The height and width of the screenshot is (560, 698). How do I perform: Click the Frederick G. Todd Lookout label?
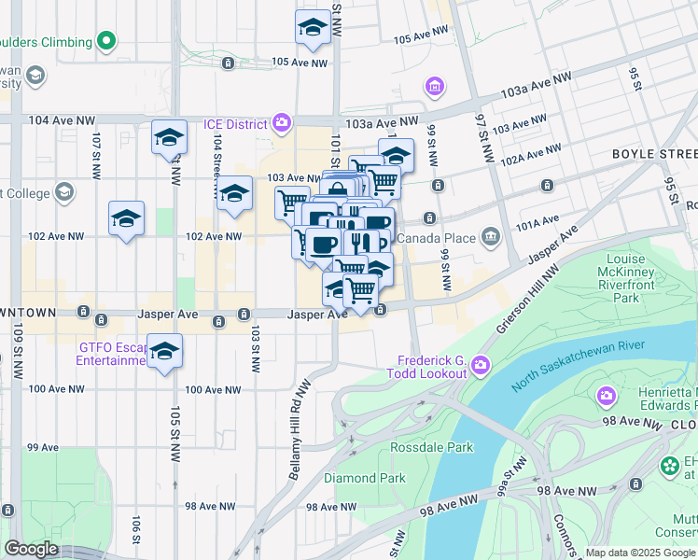[432, 366]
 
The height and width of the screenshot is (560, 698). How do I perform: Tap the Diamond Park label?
[364, 478]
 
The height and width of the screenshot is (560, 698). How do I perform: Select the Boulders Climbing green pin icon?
[107, 41]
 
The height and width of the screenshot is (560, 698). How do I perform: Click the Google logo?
[30, 549]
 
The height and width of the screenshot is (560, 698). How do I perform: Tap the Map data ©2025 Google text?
[640, 553]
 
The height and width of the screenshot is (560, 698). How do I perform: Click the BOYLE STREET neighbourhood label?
[654, 153]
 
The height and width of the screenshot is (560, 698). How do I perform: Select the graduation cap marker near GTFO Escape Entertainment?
[164, 352]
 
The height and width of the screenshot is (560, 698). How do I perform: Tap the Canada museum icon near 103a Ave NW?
[434, 87]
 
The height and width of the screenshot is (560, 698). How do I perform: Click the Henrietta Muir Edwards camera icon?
[607, 396]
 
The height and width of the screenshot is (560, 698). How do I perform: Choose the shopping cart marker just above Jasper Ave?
[360, 290]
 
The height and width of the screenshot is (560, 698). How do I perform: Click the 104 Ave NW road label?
[63, 120]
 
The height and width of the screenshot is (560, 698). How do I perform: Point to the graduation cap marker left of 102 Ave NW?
[126, 219]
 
